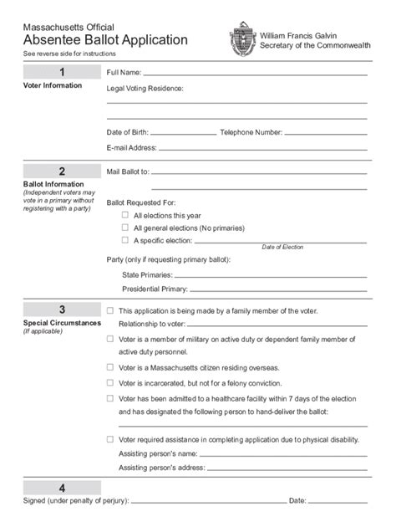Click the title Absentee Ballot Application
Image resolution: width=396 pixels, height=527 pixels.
(x=105, y=40)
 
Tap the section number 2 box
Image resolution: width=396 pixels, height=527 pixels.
(x=62, y=171)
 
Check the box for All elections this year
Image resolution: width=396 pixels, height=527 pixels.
(x=125, y=215)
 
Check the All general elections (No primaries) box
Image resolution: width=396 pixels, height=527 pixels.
(x=125, y=227)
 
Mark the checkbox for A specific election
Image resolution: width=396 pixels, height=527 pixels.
(x=125, y=239)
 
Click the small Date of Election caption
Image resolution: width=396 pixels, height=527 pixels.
(x=282, y=248)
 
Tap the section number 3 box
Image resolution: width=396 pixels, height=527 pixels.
(x=62, y=310)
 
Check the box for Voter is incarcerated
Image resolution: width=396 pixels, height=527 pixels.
(x=110, y=382)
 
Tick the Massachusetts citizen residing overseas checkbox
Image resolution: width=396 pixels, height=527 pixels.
(x=110, y=367)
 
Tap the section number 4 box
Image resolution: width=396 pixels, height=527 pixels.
(x=62, y=488)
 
